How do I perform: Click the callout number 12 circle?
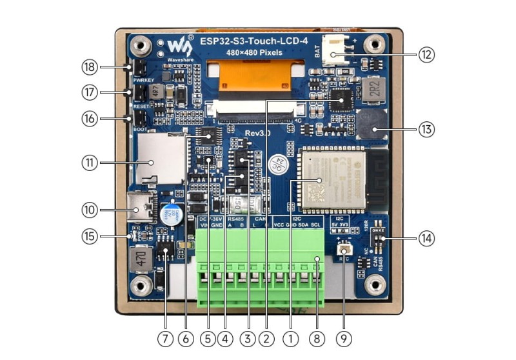[x=426, y=55]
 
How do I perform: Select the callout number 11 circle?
[x=90, y=163]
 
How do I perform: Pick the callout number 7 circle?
[x=166, y=337]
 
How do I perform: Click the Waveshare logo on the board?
[x=179, y=46]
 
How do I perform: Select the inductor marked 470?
[x=140, y=259]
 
